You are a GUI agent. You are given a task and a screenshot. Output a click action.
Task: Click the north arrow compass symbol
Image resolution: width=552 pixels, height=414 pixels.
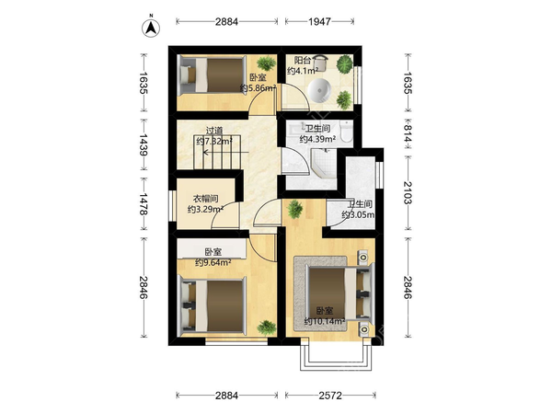click(x=151, y=28)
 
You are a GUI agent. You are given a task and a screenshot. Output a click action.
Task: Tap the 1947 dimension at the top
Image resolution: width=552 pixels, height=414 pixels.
click(x=319, y=22)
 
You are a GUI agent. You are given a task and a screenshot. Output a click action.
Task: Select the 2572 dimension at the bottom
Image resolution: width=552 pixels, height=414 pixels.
click(x=330, y=396)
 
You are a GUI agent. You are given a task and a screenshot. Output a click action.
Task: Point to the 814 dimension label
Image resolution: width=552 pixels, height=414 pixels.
click(x=408, y=134)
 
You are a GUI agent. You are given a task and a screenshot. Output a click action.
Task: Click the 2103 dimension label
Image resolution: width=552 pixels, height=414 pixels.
click(x=408, y=192)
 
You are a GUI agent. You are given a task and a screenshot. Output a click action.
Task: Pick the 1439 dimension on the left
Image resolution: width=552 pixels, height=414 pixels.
click(x=144, y=144)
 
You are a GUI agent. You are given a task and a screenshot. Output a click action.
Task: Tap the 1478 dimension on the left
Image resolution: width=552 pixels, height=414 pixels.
click(x=144, y=203)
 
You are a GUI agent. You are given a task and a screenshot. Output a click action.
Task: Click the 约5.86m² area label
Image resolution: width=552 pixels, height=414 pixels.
click(x=258, y=88)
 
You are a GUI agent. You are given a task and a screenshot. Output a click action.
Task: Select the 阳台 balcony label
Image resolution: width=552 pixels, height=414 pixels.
click(x=302, y=61)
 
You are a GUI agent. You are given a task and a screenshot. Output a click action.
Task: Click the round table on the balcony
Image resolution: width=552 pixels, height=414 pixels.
click(x=319, y=90)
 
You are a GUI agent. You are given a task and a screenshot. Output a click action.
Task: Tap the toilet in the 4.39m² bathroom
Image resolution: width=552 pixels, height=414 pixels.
click(x=346, y=132)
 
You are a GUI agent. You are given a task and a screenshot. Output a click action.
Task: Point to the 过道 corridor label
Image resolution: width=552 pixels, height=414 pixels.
click(x=214, y=131)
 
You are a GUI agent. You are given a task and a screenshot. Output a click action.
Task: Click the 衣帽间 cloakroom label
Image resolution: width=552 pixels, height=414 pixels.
click(x=205, y=199)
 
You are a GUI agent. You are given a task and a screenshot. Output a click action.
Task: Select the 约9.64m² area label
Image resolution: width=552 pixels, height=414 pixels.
click(x=213, y=262)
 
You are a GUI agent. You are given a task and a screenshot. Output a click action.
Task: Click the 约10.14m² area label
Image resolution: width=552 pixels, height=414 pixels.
click(x=324, y=321)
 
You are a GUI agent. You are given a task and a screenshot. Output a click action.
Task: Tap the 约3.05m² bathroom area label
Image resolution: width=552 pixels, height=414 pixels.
click(x=358, y=214)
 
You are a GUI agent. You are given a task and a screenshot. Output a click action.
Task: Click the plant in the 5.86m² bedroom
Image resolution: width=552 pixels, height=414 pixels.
click(x=266, y=63)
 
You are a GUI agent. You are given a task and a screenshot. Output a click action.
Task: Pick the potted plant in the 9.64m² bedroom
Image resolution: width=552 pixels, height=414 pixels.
click(x=267, y=328)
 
